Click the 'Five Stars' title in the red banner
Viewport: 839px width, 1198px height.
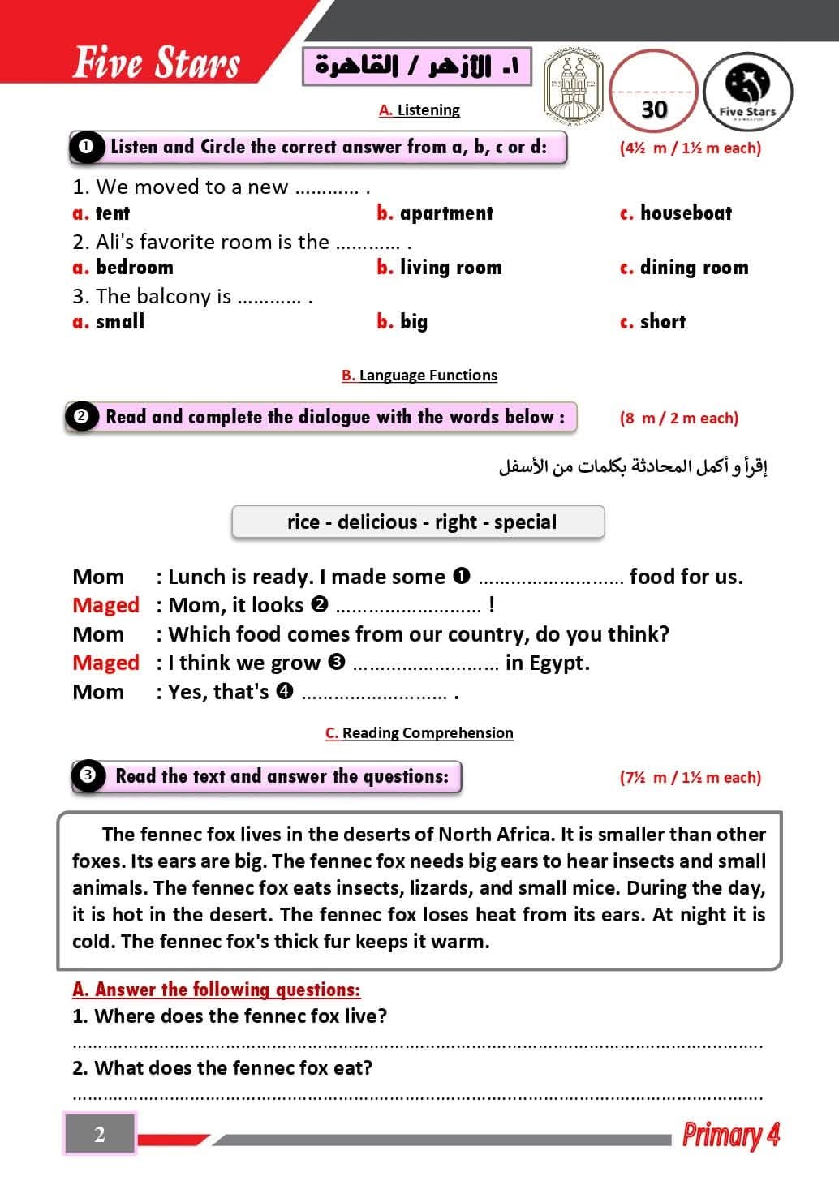[x=157, y=62]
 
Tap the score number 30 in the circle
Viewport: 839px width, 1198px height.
[x=654, y=109]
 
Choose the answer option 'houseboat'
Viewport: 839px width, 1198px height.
[x=685, y=213]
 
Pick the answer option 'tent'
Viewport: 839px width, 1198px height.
[x=112, y=213]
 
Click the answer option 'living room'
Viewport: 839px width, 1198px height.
[x=450, y=268]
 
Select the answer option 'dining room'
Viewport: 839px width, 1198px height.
[x=694, y=268]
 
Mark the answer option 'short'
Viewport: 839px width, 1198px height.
[x=662, y=322]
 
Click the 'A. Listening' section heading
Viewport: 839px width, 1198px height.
[x=419, y=110]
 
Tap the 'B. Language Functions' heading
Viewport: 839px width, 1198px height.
[x=419, y=376]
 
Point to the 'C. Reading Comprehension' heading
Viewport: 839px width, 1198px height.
[x=419, y=733]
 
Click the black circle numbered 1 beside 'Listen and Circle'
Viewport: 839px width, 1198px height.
[x=86, y=147]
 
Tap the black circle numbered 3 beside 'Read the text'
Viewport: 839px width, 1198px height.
[x=88, y=775]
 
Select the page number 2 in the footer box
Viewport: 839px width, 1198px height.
[x=100, y=1134]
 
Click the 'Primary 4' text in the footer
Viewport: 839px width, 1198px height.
[x=730, y=1134]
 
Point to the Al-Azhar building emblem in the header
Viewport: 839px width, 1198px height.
[x=573, y=85]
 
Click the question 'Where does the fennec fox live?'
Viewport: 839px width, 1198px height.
[x=241, y=1016]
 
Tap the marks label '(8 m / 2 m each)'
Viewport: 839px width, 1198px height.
[x=678, y=419]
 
